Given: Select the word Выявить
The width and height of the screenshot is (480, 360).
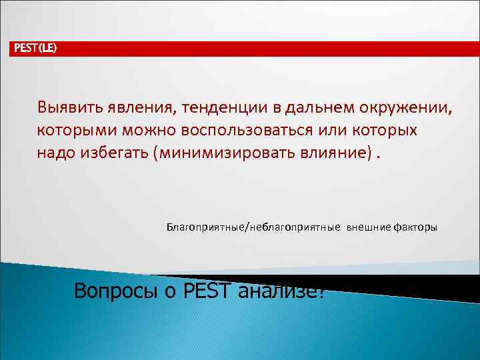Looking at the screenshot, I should tap(66, 108).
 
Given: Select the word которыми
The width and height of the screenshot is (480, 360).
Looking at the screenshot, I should tap(75, 131).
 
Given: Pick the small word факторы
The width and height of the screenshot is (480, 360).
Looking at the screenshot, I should tap(415, 227).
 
